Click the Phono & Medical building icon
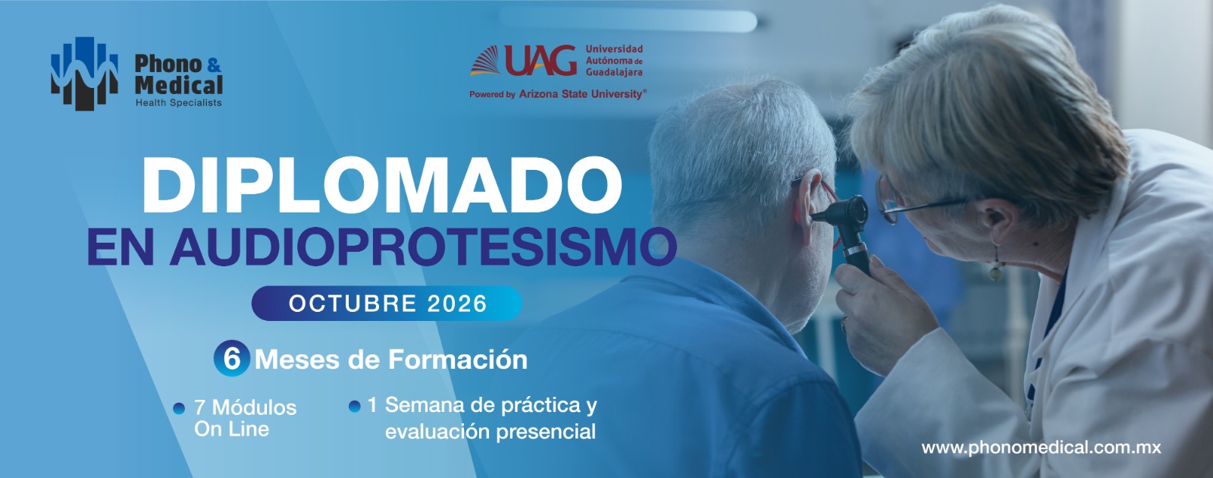(x=84, y=73)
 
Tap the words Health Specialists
(x=178, y=102)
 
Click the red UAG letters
(x=541, y=60)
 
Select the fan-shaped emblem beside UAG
(x=486, y=61)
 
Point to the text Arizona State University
(x=582, y=94)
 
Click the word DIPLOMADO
(x=382, y=186)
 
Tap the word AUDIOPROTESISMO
(x=423, y=247)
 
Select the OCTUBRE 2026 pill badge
(x=387, y=303)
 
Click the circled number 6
(x=232, y=358)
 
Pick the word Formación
(x=458, y=360)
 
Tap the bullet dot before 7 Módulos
(x=179, y=409)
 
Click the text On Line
(x=232, y=429)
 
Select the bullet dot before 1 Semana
(x=355, y=407)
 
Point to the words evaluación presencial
(x=490, y=432)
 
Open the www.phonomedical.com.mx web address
(x=1042, y=448)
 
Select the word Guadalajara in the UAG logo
(x=614, y=72)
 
